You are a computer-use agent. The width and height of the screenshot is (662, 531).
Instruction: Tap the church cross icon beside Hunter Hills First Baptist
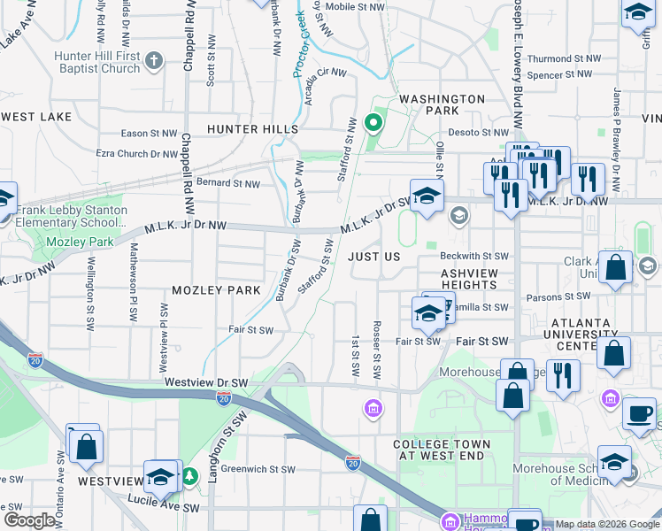154,61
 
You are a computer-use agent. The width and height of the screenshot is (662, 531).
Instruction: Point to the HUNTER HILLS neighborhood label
252,129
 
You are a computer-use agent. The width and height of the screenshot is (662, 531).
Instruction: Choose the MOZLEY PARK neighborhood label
216,290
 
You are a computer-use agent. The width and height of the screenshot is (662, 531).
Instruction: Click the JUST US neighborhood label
374,257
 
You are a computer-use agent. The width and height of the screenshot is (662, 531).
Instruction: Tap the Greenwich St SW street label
258,469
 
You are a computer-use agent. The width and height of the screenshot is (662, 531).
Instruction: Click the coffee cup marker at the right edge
639,412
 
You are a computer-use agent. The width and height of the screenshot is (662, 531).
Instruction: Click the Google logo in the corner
29,520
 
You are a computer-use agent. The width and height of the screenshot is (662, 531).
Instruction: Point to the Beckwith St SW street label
475,256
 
